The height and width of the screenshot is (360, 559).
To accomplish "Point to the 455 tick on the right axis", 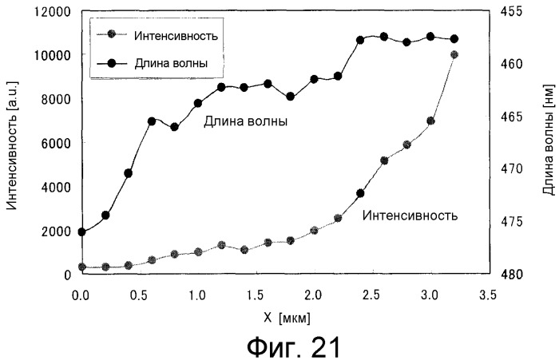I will pyautogui.click(x=510, y=11).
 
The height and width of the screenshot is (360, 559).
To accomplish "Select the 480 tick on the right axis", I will pyautogui.click(x=510, y=274).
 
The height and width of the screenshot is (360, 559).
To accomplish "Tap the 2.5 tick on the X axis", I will pyautogui.click(x=371, y=295).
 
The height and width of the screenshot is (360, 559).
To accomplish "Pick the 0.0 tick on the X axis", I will pyautogui.click(x=81, y=295).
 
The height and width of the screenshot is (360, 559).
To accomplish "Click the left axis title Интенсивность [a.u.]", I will pyautogui.click(x=12, y=144).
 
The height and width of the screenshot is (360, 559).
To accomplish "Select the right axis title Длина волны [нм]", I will pyautogui.click(x=547, y=143).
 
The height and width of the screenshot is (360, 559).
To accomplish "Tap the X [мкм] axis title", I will pyautogui.click(x=282, y=317).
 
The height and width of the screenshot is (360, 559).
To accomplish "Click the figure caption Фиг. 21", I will pyautogui.click(x=280, y=346).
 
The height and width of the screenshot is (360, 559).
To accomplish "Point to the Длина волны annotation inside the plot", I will pyautogui.click(x=245, y=122).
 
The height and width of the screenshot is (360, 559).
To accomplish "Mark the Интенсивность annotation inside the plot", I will pyautogui.click(x=410, y=215).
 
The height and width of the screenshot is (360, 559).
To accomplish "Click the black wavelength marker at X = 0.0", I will pyautogui.click(x=81, y=231).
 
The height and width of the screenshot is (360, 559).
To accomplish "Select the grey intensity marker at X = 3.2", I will pyautogui.click(x=454, y=55).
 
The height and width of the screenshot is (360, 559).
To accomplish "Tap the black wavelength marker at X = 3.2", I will pyautogui.click(x=454, y=39).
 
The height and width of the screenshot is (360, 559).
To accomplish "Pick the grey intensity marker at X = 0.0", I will pyautogui.click(x=81, y=267).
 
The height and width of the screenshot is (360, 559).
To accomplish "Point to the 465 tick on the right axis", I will pyautogui.click(x=510, y=117).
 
